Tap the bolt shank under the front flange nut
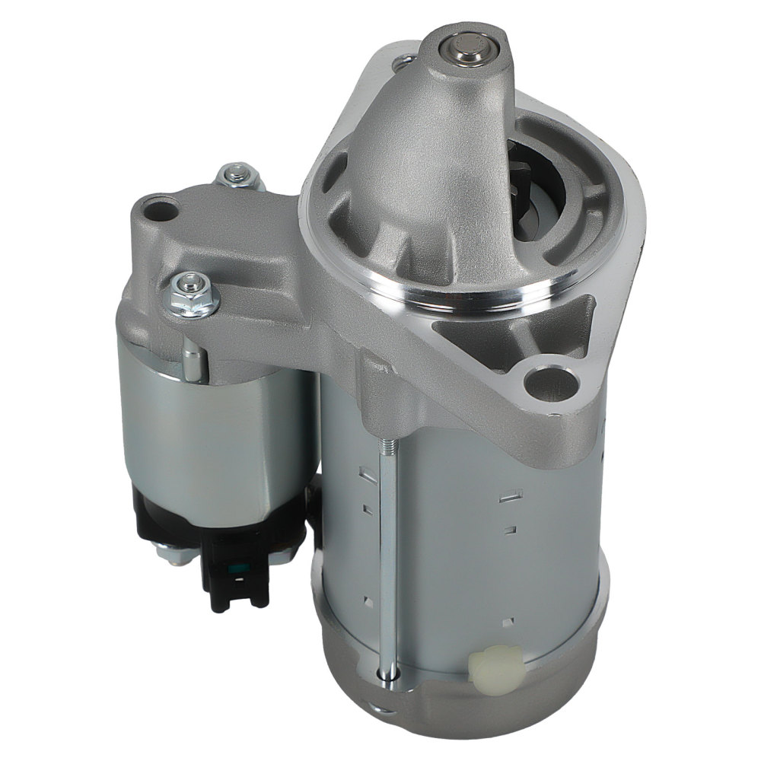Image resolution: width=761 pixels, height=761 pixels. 193,358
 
